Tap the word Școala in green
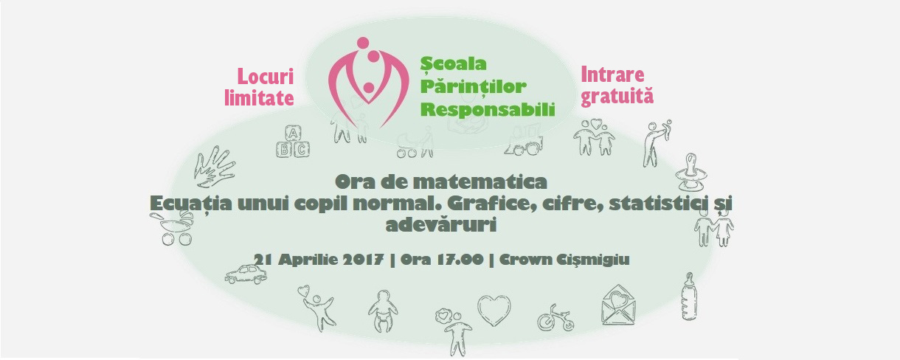453,64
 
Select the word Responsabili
488,109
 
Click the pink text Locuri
266,76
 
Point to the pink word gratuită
617,97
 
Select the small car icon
246,274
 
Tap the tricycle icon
555,318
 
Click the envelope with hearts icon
618,305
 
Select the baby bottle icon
689,297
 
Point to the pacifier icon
691,172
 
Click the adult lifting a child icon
657,143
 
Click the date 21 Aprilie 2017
318,260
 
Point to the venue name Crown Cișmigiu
564,260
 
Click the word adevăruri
440,225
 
